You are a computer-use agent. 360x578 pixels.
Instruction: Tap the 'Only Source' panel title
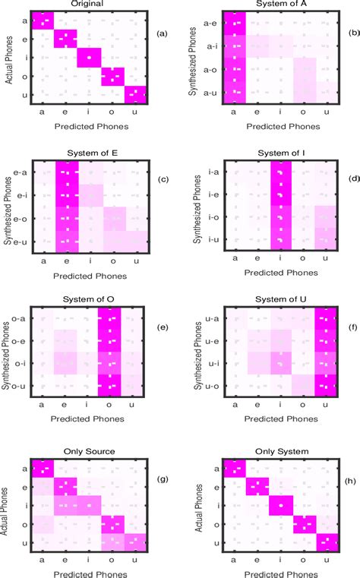point(89,451)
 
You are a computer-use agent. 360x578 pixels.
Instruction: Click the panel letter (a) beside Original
point(161,34)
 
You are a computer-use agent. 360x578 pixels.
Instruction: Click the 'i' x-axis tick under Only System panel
point(276,559)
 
